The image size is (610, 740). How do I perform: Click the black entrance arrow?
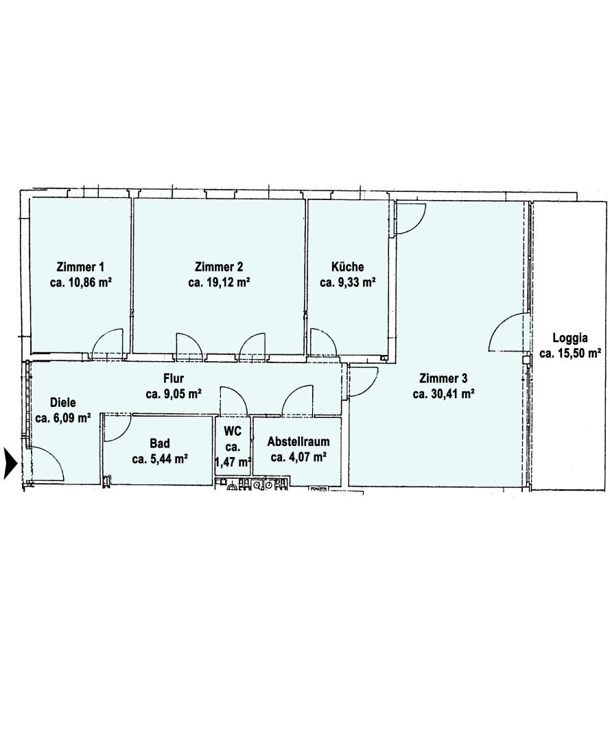(x=10, y=463)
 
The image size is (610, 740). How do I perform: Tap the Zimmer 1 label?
(x=80, y=267)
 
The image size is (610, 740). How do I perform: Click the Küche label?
(x=348, y=267)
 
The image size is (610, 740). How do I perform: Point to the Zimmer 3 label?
(x=443, y=378)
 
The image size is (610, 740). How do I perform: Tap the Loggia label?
(x=570, y=338)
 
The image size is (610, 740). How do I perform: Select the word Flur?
(x=174, y=378)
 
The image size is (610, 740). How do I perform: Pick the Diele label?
(x=63, y=403)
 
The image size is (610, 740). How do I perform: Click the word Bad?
(x=160, y=443)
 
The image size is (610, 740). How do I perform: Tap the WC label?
(x=233, y=432)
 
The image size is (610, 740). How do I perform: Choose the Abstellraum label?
(x=298, y=442)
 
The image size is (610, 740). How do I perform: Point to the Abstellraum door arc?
(x=290, y=393)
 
